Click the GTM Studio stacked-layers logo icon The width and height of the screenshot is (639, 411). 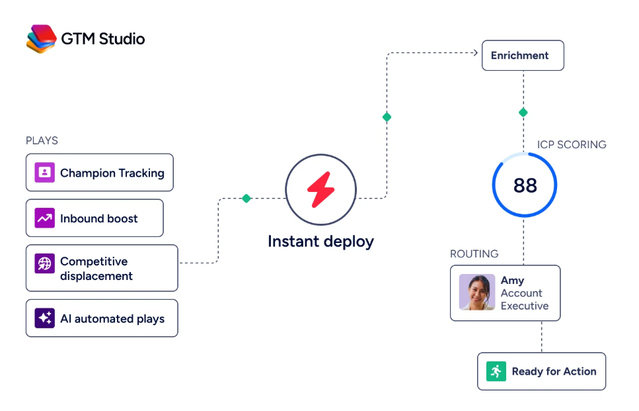coord(41,39)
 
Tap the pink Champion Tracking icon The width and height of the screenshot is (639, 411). coord(44,172)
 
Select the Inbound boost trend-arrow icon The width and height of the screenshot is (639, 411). coord(44,218)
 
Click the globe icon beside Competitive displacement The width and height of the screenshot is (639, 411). coord(44,263)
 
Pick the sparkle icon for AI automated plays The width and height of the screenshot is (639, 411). coord(44,318)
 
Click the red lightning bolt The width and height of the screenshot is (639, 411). coord(320,190)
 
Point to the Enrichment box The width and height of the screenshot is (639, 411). coord(523,56)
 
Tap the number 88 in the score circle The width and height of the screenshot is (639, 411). coord(525,186)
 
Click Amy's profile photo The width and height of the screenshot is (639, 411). coord(477,293)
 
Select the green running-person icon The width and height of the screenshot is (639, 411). coord(496,371)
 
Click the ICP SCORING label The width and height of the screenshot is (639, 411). coord(572,144)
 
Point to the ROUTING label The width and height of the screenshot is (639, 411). coord(474,254)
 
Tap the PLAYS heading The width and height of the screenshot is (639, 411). coord(42,140)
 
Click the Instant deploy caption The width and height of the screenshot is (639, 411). coord(320,242)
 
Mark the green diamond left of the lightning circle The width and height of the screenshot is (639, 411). coord(246,199)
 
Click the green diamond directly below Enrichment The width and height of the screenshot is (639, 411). coord(523,113)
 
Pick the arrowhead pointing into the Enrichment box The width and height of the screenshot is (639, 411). coord(475,53)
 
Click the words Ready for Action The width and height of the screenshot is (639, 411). coord(554,371)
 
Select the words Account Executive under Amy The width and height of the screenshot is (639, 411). coord(525,299)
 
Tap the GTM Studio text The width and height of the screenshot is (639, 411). coord(103,39)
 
